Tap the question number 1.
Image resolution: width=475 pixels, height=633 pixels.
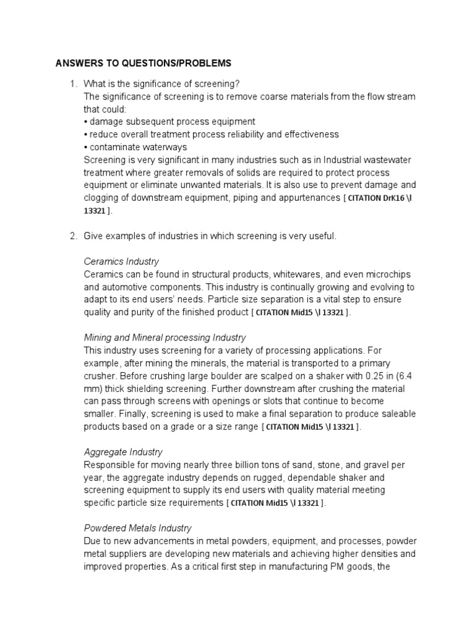[72, 83]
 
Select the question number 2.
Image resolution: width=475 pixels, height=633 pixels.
[72, 236]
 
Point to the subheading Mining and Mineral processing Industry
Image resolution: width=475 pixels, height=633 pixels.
[165, 338]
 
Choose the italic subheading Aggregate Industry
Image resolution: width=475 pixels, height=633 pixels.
[123, 452]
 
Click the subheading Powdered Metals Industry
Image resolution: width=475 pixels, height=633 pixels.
[138, 528]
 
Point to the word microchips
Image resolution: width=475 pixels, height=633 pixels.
[387, 274]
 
